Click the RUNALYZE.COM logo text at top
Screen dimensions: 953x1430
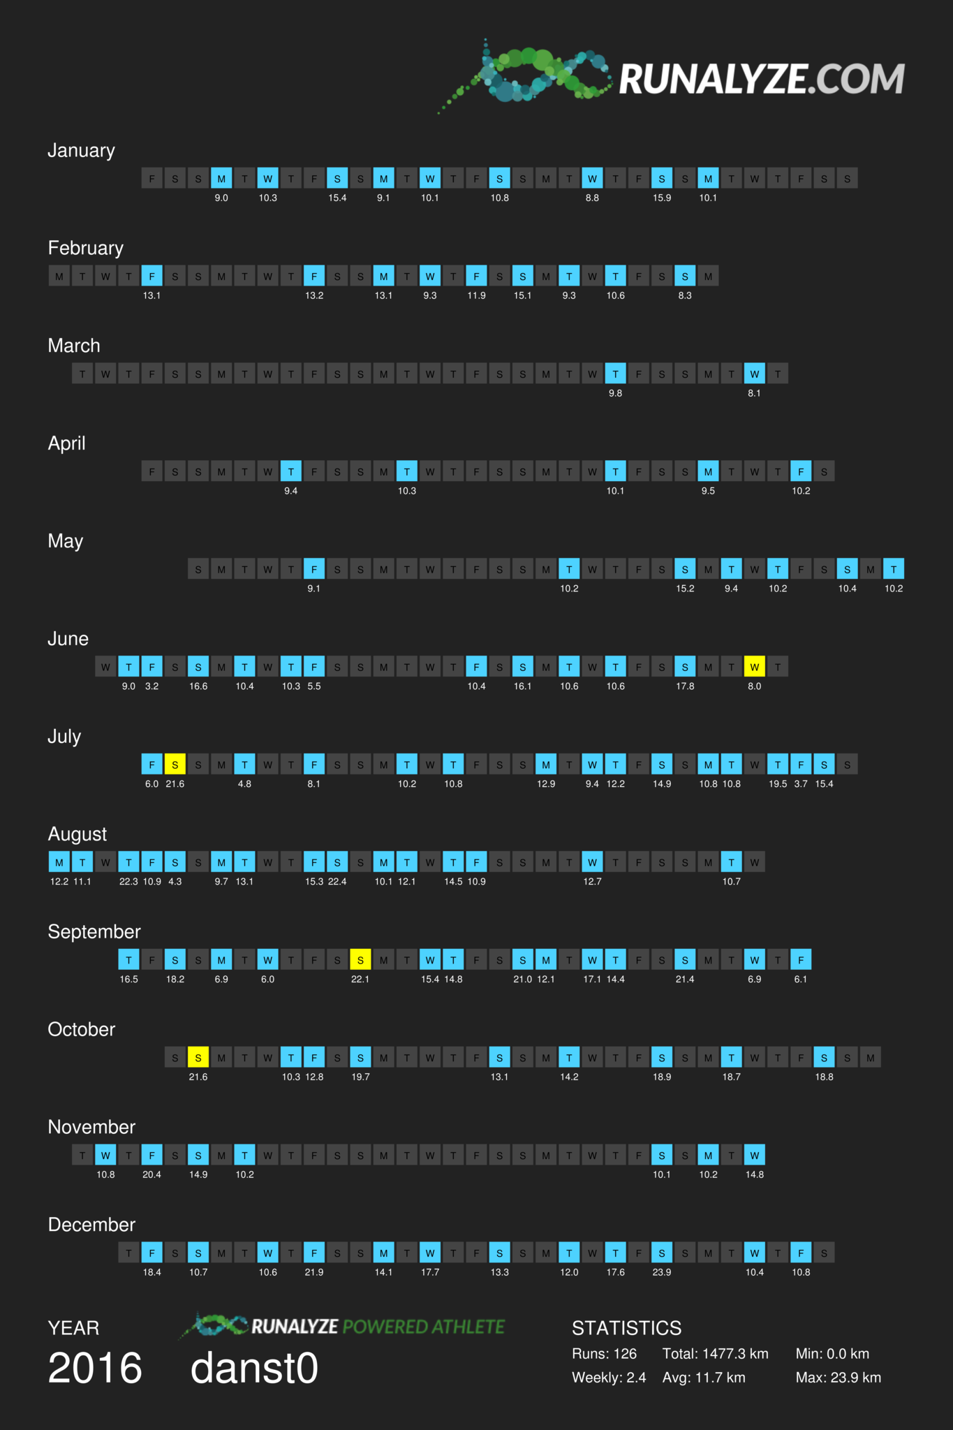(762, 78)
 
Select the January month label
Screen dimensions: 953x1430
(81, 151)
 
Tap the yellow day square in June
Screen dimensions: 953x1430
(755, 667)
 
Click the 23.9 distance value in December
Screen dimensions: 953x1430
(662, 1272)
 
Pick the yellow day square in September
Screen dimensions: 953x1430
(360, 960)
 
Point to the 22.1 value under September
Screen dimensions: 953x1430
(360, 979)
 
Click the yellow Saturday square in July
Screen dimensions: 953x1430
(175, 765)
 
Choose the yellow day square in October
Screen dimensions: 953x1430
(198, 1058)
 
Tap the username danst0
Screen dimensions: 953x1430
(254, 1368)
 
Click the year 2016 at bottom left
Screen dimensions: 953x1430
(95, 1368)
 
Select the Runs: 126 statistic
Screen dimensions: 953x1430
(605, 1354)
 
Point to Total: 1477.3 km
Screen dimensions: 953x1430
(716, 1354)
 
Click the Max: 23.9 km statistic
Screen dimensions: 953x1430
(839, 1378)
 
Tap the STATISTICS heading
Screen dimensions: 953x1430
(627, 1328)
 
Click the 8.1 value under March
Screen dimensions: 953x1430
(755, 393)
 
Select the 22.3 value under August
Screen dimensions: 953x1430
(128, 881)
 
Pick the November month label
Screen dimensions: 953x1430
(91, 1127)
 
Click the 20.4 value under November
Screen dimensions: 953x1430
(152, 1174)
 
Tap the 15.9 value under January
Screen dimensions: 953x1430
(662, 198)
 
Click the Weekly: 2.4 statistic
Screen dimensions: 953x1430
(609, 1378)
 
